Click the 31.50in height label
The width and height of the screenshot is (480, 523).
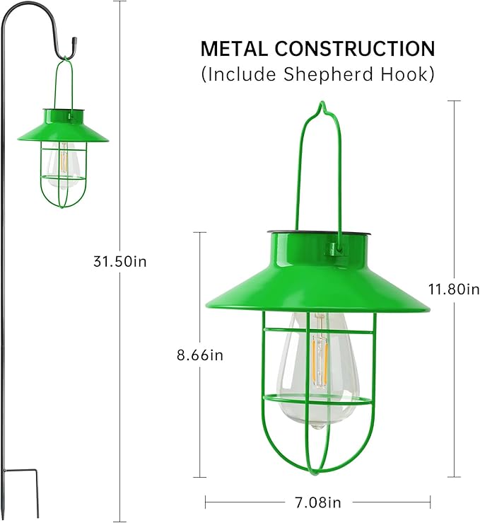click(x=119, y=261)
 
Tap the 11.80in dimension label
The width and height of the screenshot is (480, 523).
click(x=453, y=289)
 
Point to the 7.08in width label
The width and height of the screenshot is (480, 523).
click(x=317, y=502)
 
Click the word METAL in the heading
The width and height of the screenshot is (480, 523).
click(x=233, y=49)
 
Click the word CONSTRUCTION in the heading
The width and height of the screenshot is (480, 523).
click(x=354, y=49)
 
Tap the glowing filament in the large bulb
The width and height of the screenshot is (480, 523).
click(x=319, y=350)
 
